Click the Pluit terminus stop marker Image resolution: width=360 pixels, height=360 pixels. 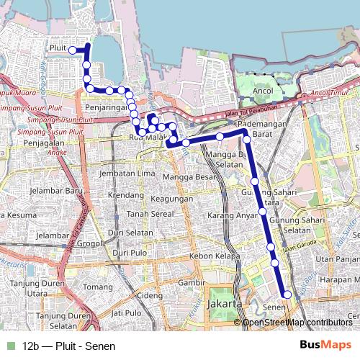[73, 50]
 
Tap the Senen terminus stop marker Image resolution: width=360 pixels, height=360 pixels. [287, 294]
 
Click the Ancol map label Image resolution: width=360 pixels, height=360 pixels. [264, 92]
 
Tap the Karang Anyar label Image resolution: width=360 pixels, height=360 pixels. [232, 215]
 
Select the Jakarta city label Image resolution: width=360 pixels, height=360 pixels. [222, 305]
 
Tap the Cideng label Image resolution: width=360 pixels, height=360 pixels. [150, 296]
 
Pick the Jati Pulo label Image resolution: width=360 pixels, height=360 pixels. [127, 313]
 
